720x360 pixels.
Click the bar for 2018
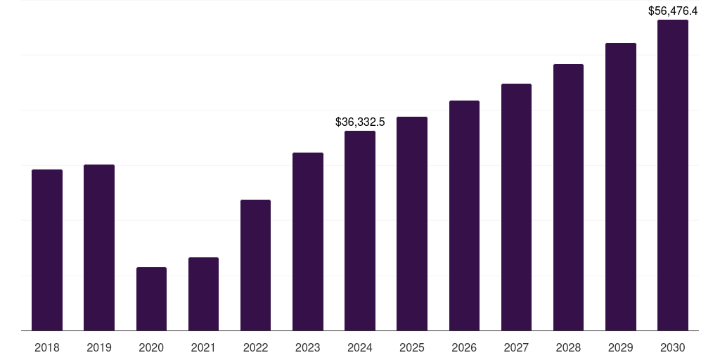click(x=47, y=250)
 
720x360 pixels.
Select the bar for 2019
click(x=99, y=247)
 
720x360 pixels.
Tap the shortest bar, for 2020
click(x=151, y=299)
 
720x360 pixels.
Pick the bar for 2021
click(x=203, y=294)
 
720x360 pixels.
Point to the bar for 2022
click(x=255, y=265)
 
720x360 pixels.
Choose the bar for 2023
click(x=308, y=241)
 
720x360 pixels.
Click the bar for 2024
click(x=360, y=231)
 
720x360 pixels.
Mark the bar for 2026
click(x=464, y=215)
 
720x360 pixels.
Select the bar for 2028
click(x=568, y=197)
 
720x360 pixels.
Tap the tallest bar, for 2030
click(x=672, y=175)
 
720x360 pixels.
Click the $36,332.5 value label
click(x=360, y=122)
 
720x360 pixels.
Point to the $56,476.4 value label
click(x=673, y=11)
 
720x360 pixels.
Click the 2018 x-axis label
click(x=47, y=347)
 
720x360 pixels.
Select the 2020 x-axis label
click(x=151, y=347)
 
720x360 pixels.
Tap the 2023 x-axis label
click(x=308, y=347)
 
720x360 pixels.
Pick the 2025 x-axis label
click(x=412, y=347)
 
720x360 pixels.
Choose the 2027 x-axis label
click(x=516, y=347)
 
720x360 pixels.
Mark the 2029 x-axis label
click(x=620, y=347)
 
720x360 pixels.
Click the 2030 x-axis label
click(x=672, y=347)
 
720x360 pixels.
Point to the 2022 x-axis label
click(x=255, y=347)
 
